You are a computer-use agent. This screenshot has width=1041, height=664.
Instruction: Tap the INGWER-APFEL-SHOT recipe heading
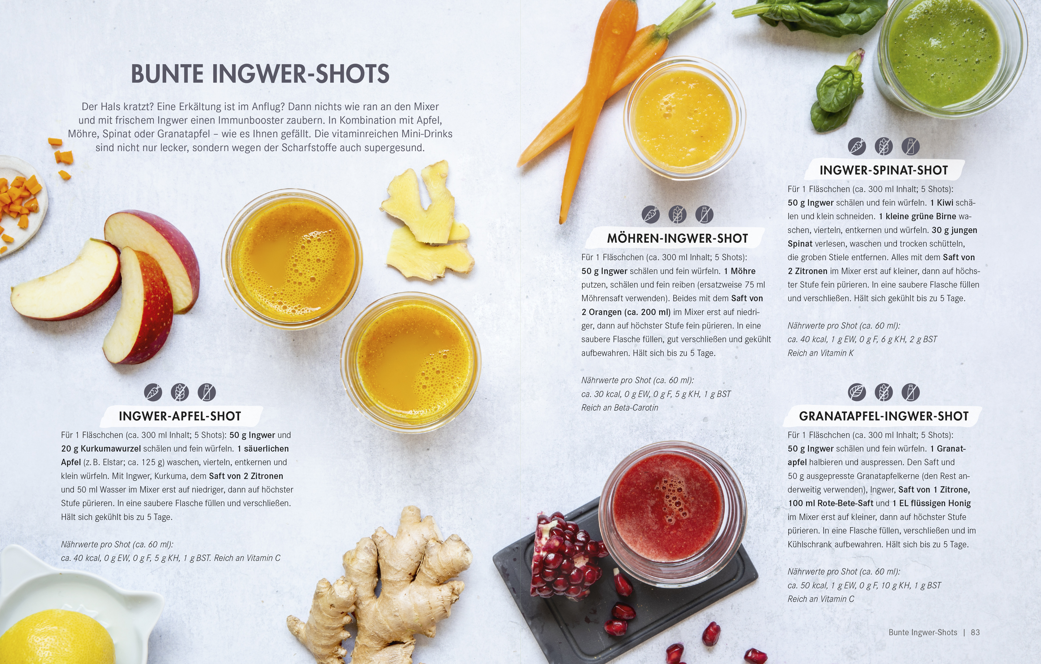click(x=180, y=416)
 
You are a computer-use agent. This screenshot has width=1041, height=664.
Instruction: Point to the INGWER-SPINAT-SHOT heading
click(x=884, y=170)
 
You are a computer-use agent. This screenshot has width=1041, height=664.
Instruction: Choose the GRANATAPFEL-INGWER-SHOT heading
click(x=884, y=416)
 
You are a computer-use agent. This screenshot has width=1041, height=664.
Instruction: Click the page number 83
click(x=975, y=632)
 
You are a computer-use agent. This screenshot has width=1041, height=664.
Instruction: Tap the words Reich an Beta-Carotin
click(x=620, y=407)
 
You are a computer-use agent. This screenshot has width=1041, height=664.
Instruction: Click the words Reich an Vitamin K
click(x=820, y=353)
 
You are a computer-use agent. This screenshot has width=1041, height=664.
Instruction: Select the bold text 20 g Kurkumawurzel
click(x=101, y=449)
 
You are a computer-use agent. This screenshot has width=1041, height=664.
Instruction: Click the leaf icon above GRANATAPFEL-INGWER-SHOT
click(x=857, y=392)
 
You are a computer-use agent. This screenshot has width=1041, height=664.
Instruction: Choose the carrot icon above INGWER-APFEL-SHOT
click(x=153, y=392)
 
